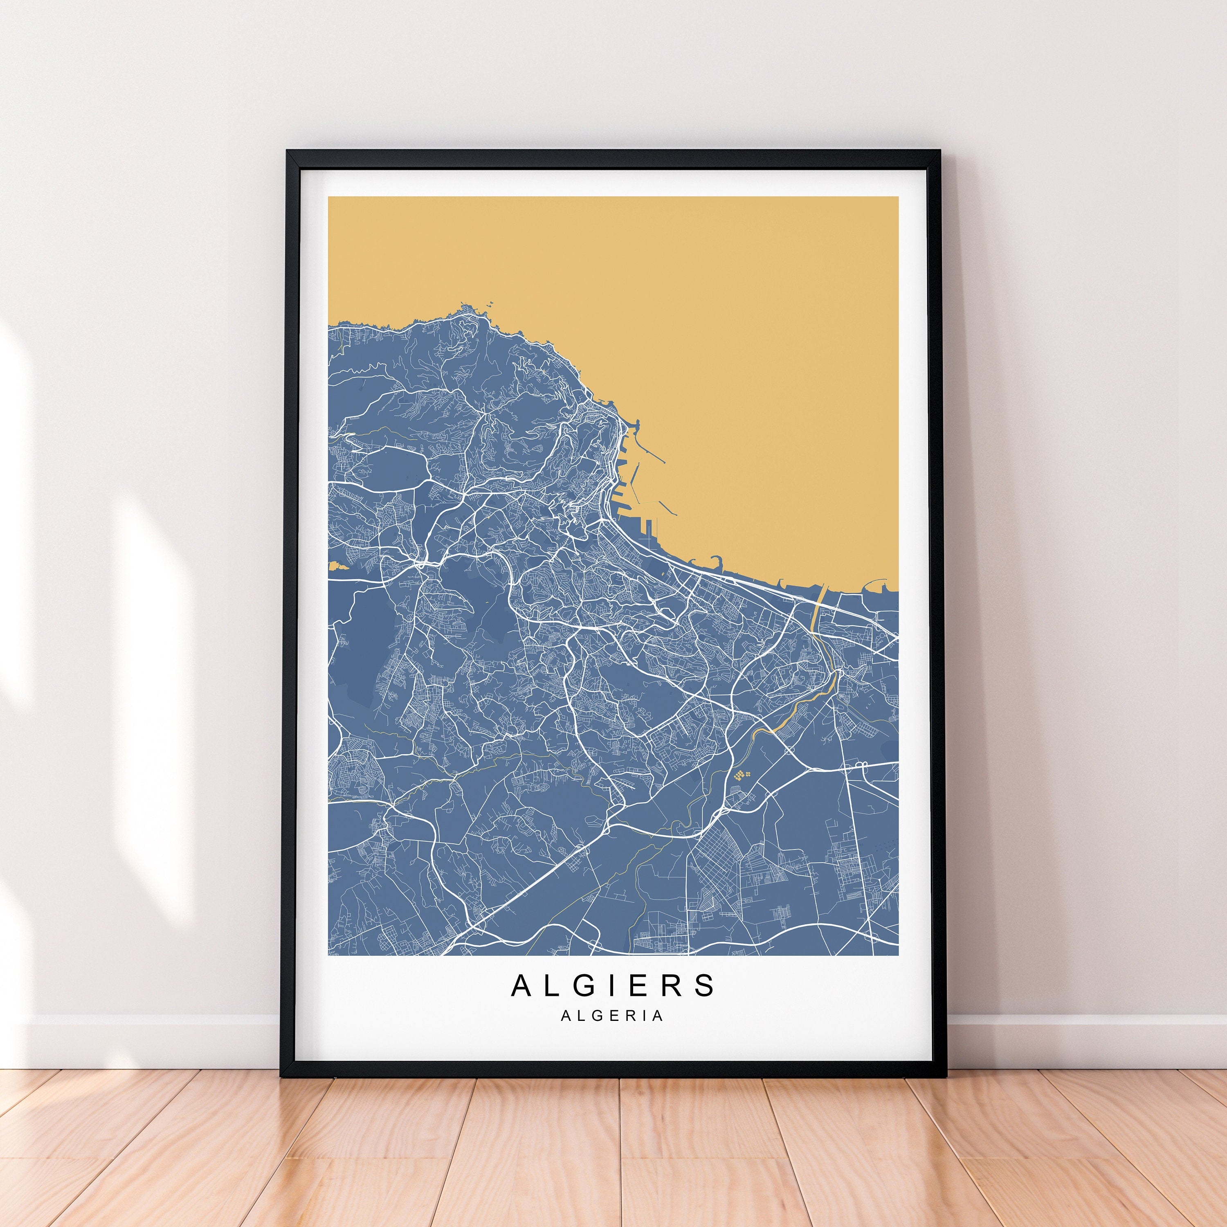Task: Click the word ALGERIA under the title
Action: click(612, 1016)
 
